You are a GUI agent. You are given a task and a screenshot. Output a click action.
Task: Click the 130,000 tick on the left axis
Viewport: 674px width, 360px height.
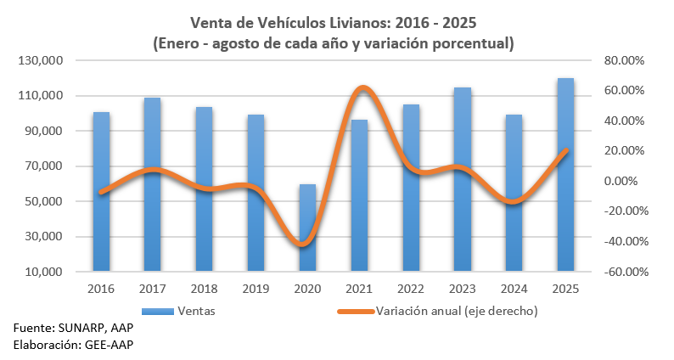click(x=41, y=61)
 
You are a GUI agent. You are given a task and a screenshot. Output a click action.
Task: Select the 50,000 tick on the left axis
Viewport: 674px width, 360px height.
click(x=44, y=202)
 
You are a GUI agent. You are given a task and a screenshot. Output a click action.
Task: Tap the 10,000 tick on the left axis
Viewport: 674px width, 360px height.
click(x=44, y=273)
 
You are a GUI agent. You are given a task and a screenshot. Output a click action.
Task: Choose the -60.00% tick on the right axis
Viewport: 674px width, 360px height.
click(x=624, y=273)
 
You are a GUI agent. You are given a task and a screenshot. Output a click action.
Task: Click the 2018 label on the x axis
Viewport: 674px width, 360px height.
click(x=205, y=289)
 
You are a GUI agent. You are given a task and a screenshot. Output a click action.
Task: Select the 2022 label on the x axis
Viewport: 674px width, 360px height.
click(x=411, y=289)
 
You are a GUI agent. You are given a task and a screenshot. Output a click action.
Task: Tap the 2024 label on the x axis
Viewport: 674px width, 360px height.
click(x=514, y=289)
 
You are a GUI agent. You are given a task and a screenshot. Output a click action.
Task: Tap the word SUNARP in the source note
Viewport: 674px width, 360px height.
click(x=82, y=328)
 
